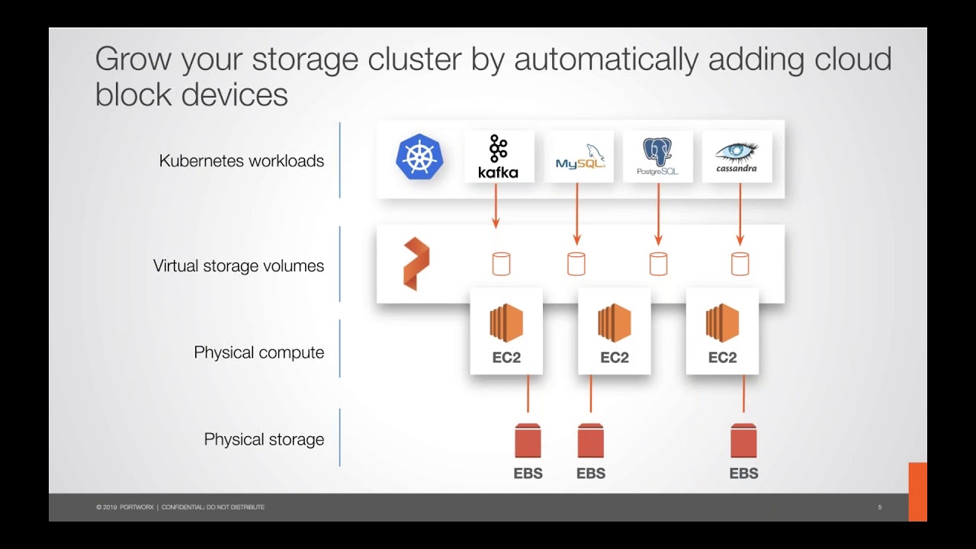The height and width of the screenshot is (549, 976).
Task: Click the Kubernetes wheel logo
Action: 419,157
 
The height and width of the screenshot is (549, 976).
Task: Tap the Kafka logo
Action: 499,156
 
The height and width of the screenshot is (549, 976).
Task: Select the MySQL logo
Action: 580,156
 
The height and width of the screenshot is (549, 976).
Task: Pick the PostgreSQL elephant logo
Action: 657,156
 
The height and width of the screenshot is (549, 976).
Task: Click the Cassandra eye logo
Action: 737,156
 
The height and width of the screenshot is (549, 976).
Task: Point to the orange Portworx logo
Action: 416,264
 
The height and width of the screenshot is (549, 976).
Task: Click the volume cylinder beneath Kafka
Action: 501,264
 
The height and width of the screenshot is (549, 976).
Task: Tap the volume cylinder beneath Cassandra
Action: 740,264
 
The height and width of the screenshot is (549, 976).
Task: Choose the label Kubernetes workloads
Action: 241,161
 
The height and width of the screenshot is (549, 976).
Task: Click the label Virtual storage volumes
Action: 238,266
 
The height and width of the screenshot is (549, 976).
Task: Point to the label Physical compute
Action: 258,352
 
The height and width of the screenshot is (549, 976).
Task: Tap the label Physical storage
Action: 264,439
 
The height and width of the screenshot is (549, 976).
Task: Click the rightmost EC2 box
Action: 722,332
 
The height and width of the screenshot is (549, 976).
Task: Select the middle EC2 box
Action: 614,332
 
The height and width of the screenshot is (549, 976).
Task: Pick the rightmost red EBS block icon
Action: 743,441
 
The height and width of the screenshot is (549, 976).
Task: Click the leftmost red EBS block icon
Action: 528,441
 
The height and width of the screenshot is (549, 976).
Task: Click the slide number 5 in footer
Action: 879,507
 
